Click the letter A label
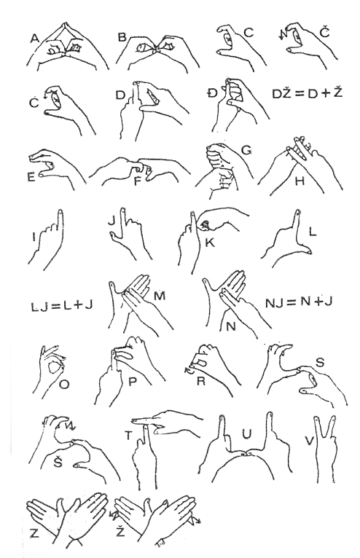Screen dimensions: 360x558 point(34,38)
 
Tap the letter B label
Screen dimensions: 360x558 point(122,37)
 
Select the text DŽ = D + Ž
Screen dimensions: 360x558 point(308,93)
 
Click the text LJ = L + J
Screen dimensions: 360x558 point(62,305)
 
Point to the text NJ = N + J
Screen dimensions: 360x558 point(299,302)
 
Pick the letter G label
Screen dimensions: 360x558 point(246,151)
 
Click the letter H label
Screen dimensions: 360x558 point(300,181)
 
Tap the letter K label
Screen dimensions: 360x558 point(210,243)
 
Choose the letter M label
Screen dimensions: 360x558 point(160,296)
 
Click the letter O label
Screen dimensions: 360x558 point(64,385)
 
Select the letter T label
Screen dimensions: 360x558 point(128,435)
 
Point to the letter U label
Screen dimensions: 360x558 point(246,434)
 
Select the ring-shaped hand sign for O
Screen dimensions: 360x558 point(50,370)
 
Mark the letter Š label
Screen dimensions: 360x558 point(58,461)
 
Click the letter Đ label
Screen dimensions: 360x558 point(212,93)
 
